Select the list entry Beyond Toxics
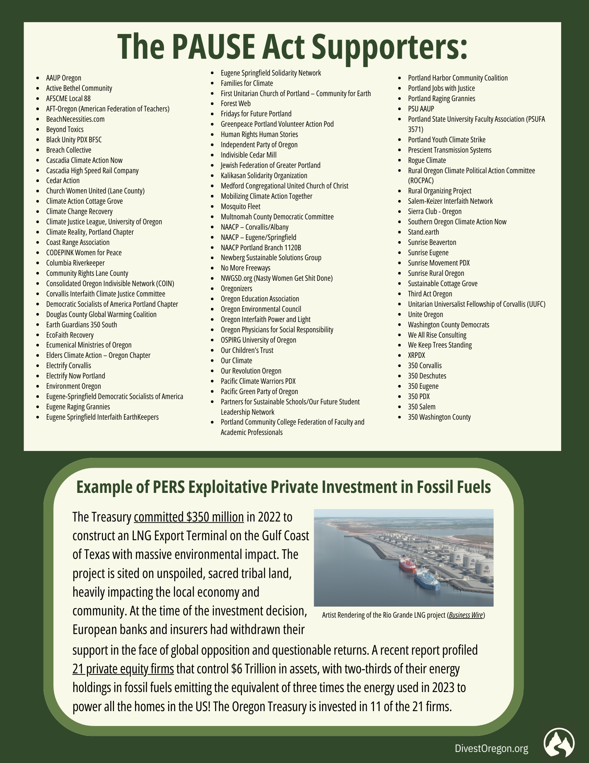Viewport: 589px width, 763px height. pyautogui.click(x=65, y=129)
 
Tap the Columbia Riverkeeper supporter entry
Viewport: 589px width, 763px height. pyautogui.click(x=75, y=263)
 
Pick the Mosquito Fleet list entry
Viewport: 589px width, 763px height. pyautogui.click(x=241, y=206)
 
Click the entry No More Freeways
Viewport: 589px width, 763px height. pyautogui.click(x=246, y=268)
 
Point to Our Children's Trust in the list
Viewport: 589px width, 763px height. pyautogui.click(x=247, y=350)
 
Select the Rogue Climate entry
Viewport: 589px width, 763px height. pyautogui.click(x=427, y=160)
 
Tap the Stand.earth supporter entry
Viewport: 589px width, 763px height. pyautogui.click(x=423, y=232)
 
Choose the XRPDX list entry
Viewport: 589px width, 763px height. pyautogui.click(x=416, y=355)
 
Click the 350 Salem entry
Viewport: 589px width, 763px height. pyautogui.click(x=421, y=407)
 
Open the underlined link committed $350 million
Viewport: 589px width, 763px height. pyautogui.click(x=189, y=517)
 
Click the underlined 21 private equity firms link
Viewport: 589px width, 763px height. pyautogui.click(x=123, y=669)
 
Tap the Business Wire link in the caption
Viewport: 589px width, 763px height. pyautogui.click(x=466, y=615)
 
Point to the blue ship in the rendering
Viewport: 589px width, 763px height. pyautogui.click(x=427, y=580)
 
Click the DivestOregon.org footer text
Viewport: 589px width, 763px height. pyautogui.click(x=491, y=749)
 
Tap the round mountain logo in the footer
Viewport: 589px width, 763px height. pyautogui.click(x=559, y=743)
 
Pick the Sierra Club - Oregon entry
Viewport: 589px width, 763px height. pyautogui.click(x=435, y=211)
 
